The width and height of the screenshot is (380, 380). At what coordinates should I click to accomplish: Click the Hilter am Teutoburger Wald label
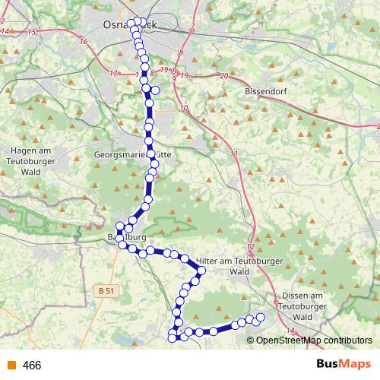point(224,265)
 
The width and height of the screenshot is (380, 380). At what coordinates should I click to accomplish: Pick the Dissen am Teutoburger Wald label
point(304,306)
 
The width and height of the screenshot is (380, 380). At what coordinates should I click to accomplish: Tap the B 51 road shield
point(106,290)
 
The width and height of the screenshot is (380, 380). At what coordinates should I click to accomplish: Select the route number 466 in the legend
point(32,366)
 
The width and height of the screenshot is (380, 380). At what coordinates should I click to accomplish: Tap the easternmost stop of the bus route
point(260,317)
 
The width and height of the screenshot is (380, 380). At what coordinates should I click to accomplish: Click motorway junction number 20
point(223,76)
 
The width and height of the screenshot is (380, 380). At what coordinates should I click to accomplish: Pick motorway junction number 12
point(250,249)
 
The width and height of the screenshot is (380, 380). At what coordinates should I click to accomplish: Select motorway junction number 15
point(31,33)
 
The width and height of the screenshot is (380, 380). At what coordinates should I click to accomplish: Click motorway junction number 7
point(193,28)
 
